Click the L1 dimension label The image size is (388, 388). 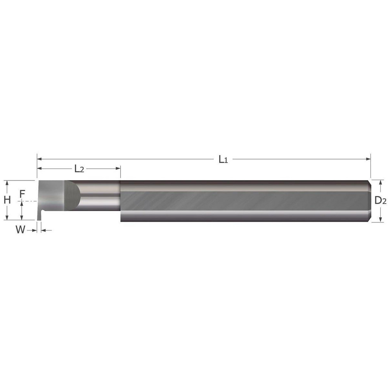[223, 159]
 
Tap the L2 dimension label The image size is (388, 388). [79, 169]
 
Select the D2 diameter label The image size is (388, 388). [380, 201]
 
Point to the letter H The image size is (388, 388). [7, 200]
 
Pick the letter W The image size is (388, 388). [20, 230]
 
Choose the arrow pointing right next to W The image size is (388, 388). [34, 230]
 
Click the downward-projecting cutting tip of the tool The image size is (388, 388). [38, 216]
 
